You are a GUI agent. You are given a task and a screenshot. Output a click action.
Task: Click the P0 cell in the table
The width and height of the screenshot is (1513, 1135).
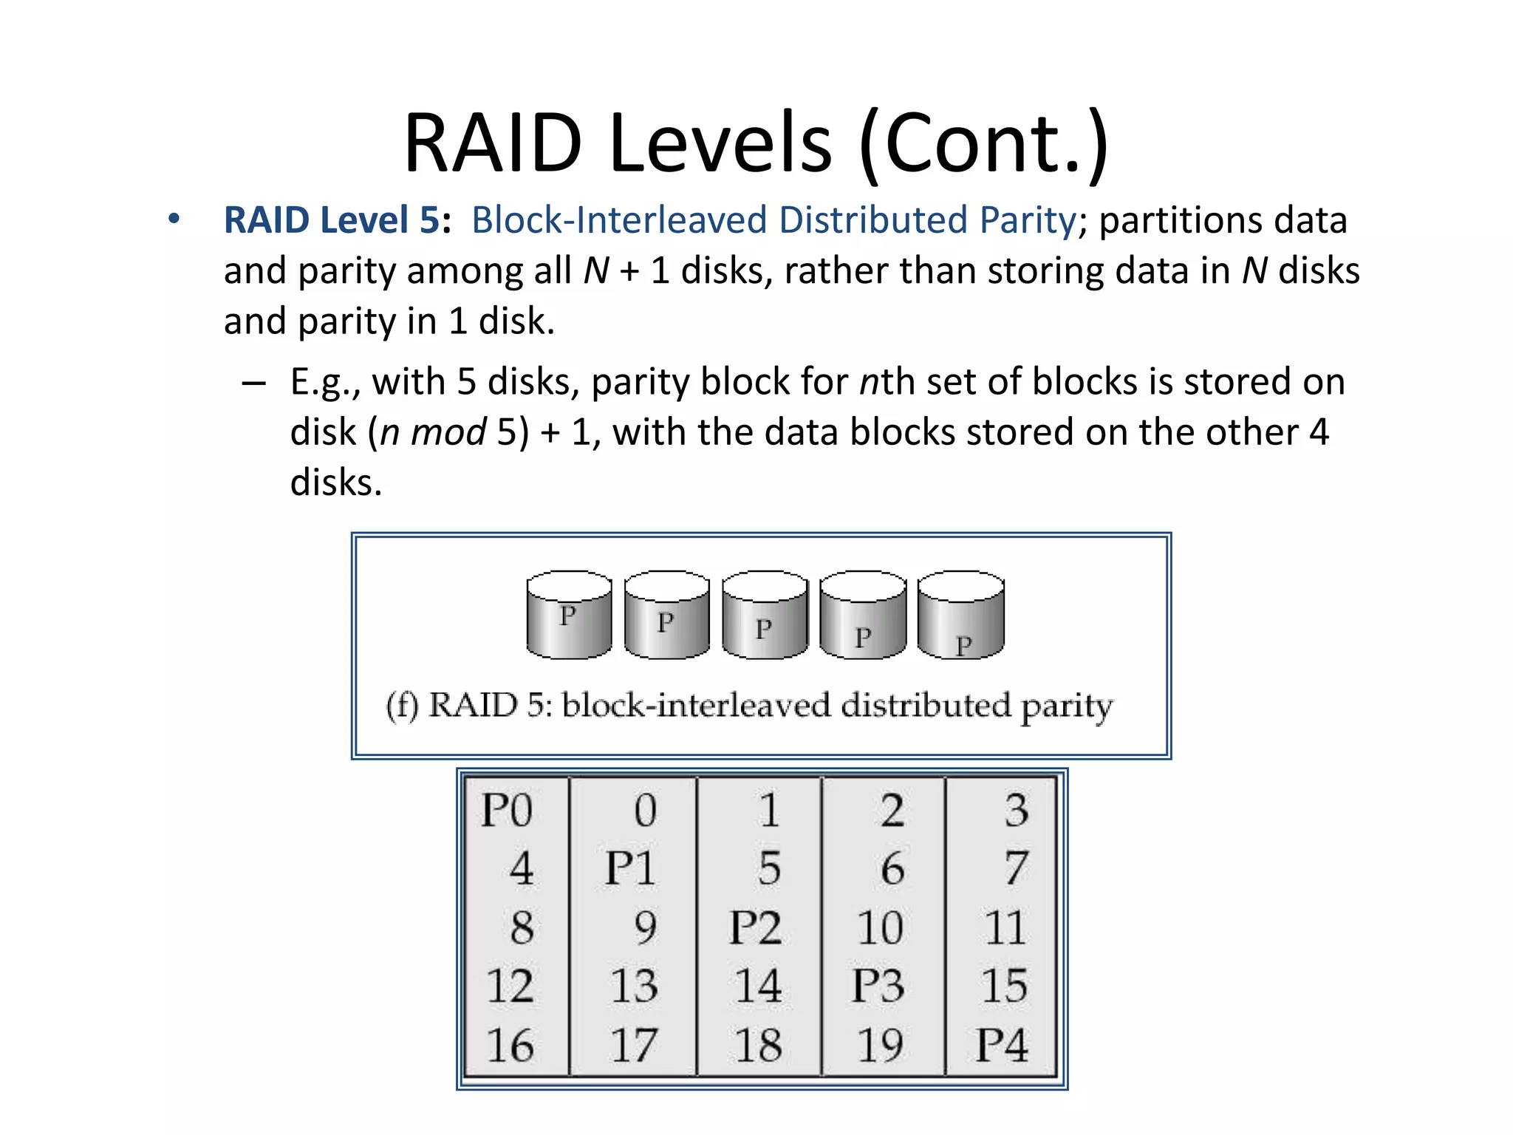[507, 810]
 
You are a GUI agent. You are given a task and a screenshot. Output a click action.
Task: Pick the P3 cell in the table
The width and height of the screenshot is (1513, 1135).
[878, 986]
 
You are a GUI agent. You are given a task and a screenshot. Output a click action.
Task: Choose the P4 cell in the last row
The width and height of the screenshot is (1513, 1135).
[1001, 1045]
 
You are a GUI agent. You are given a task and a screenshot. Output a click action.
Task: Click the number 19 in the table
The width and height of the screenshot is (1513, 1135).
[879, 1045]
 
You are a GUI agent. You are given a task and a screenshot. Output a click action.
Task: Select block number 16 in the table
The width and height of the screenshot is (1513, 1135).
[510, 1045]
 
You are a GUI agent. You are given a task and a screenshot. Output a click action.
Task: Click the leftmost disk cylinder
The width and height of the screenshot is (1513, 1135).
[569, 615]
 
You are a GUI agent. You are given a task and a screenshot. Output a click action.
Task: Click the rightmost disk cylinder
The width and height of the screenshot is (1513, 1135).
[960, 615]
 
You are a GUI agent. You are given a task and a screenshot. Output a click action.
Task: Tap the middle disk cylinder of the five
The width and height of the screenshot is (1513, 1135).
[765, 615]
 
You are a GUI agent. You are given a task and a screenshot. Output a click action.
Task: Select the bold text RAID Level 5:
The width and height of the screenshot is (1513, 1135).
[337, 220]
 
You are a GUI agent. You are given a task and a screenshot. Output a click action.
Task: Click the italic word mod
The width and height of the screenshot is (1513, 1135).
[448, 432]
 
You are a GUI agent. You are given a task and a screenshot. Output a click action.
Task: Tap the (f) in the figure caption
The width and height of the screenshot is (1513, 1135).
[402, 705]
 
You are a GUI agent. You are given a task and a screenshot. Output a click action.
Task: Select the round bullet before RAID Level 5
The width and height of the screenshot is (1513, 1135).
[174, 219]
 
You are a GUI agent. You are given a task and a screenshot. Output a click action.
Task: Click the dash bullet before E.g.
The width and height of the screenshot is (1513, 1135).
[253, 383]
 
